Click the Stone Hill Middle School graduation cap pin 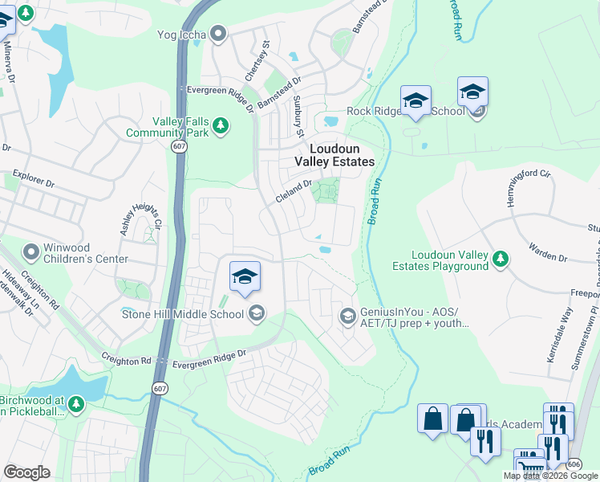[245, 278]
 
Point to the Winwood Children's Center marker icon [31, 252]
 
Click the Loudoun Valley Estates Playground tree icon [501, 259]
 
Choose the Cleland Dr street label [294, 190]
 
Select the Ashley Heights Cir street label [141, 218]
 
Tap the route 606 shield [573, 464]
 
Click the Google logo [27, 472]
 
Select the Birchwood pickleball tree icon [75, 402]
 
